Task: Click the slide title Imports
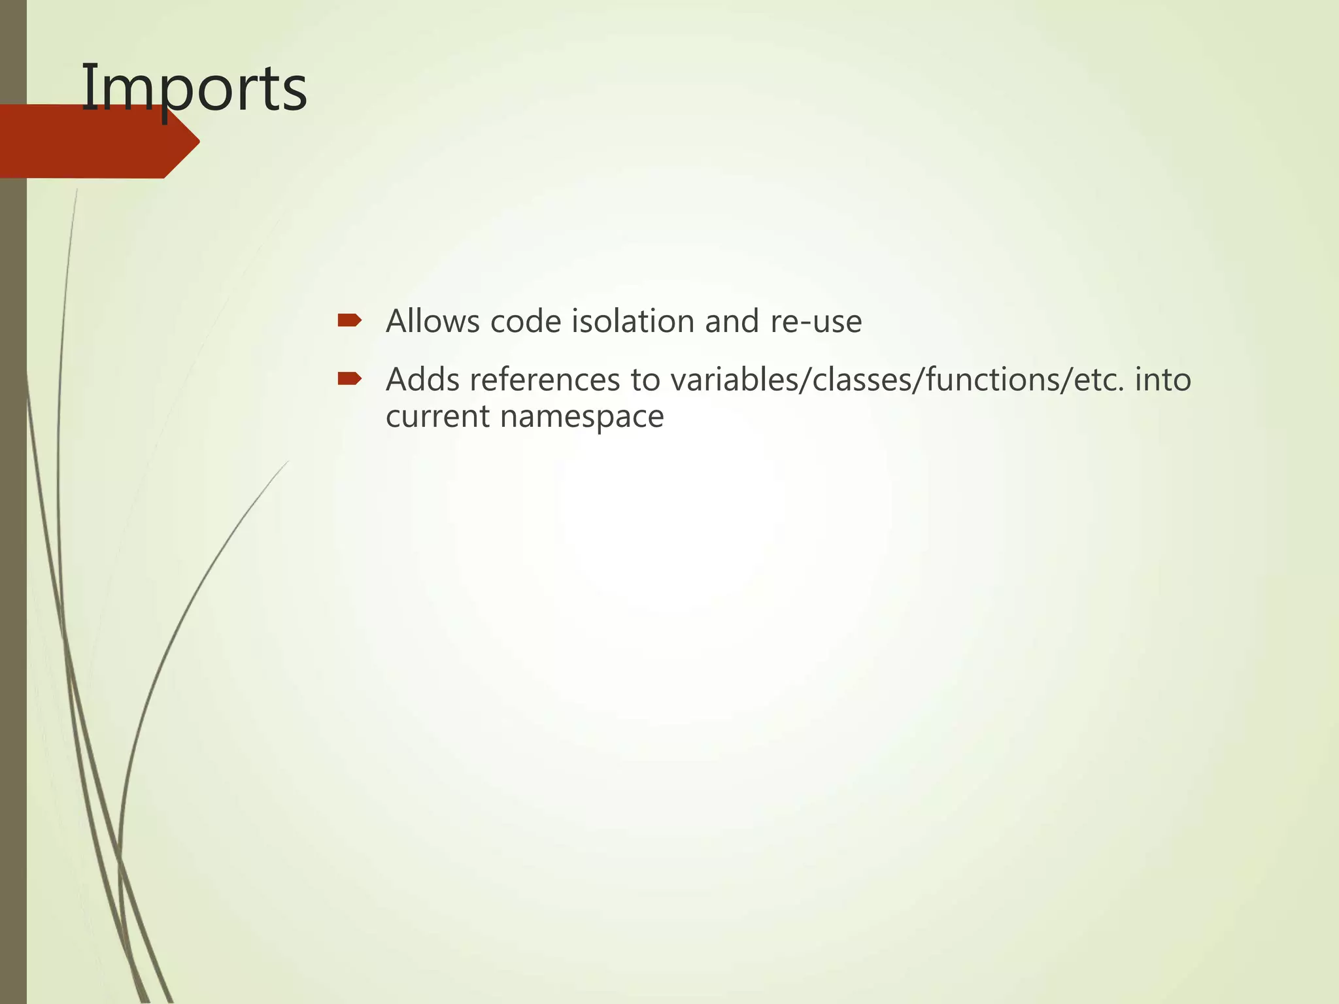[x=194, y=88]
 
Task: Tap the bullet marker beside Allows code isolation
[x=349, y=320]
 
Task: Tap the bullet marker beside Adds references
[x=349, y=378]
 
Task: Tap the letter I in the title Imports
[x=87, y=88]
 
